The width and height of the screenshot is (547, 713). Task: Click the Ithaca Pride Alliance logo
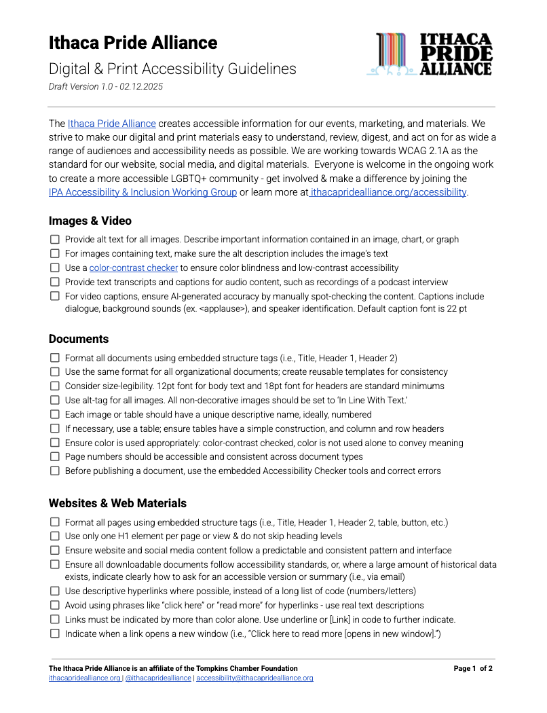[429, 54]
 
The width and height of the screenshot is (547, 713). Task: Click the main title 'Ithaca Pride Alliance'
[133, 43]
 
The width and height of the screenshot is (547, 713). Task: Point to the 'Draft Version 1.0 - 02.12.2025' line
[105, 87]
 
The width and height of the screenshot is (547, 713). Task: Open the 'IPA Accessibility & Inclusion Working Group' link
[143, 192]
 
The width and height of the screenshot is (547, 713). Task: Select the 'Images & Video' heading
[90, 221]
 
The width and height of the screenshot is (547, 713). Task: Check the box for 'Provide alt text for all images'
[55, 240]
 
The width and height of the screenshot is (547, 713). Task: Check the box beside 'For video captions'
[55, 296]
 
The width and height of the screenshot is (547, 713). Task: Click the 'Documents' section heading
[79, 339]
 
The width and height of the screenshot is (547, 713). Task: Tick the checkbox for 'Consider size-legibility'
[55, 386]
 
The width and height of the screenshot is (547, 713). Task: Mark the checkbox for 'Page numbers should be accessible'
[55, 457]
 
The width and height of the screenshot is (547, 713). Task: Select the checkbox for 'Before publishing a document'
[55, 471]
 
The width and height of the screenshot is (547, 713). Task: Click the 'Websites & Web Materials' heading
[117, 503]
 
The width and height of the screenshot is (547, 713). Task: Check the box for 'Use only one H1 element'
[55, 536]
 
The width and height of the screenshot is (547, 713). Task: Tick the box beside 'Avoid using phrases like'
[55, 605]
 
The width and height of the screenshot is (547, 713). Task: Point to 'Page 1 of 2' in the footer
[473, 669]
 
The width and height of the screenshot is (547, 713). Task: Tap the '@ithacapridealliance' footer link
[158, 678]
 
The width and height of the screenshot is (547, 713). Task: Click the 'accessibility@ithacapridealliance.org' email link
[254, 678]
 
